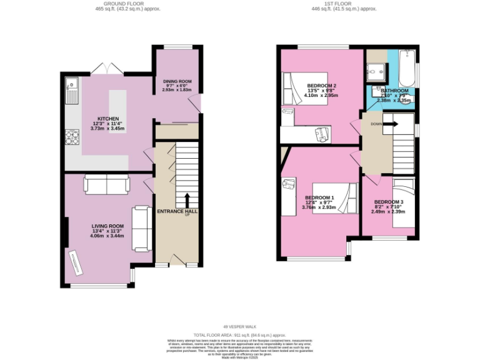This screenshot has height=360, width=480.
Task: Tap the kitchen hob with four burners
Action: [72, 136]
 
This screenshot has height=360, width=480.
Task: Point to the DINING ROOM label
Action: [177, 81]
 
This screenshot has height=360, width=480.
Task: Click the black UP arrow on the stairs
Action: [186, 200]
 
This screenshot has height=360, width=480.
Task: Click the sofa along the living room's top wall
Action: [106, 184]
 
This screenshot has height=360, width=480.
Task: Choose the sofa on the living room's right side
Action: [141, 227]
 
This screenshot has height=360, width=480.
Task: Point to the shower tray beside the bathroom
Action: [376, 73]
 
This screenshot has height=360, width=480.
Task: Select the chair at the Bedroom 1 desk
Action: [289, 186]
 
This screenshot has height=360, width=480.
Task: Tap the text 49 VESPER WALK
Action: [240, 326]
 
